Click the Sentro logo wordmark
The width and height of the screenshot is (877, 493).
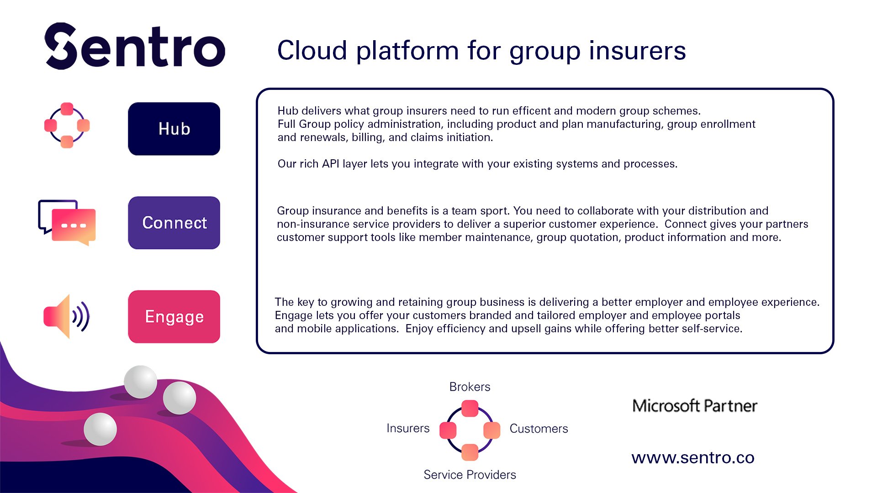click(x=135, y=46)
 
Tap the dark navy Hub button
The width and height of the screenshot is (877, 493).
click(x=174, y=129)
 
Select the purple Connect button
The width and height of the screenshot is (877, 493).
click(x=174, y=223)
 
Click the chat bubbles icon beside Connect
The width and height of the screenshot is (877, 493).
click(x=67, y=223)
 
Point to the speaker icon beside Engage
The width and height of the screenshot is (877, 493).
click(x=67, y=316)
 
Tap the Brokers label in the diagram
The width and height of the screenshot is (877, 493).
click(x=470, y=387)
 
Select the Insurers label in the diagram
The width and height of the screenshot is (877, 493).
click(x=408, y=428)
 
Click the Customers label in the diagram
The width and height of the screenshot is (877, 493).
click(x=539, y=429)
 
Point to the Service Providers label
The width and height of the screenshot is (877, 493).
click(x=470, y=475)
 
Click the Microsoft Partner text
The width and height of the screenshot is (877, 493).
click(x=695, y=406)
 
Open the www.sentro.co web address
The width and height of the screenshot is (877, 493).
click(x=693, y=458)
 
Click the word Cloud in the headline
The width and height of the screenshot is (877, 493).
click(x=312, y=50)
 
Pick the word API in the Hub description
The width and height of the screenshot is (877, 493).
click(x=330, y=164)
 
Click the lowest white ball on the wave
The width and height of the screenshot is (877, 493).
click(x=100, y=429)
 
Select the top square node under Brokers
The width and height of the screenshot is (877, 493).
click(x=470, y=409)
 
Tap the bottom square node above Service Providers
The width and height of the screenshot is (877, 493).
click(x=470, y=452)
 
